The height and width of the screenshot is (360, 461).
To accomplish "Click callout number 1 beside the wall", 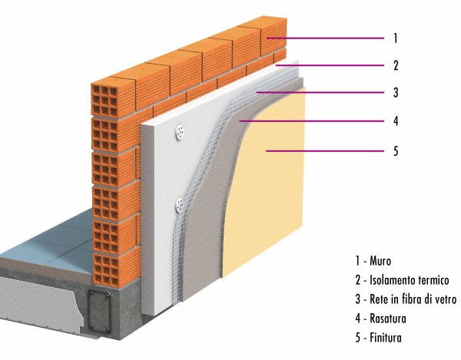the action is (x=396, y=38).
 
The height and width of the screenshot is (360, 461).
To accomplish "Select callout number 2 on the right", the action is (x=396, y=65).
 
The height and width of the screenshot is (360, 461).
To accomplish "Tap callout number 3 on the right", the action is (x=396, y=93).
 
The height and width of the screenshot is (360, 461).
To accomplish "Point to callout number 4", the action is (x=396, y=121).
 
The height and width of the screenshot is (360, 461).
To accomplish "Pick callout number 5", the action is (x=396, y=151).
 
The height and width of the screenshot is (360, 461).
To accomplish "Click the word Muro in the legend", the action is (x=380, y=261).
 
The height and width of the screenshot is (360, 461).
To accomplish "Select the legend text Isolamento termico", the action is (x=410, y=280).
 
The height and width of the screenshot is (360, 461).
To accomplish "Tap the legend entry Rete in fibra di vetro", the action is (x=413, y=299).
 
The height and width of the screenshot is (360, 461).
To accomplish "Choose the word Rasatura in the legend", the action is (x=388, y=319).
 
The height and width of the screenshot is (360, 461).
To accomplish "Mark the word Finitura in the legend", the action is (x=386, y=338).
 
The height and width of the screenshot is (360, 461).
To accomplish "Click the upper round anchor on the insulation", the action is (x=180, y=132).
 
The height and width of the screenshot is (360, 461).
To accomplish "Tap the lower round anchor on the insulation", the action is (x=179, y=205).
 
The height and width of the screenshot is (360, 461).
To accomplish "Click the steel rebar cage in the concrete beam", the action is (x=99, y=312).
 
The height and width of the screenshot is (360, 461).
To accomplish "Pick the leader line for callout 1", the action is (x=326, y=38).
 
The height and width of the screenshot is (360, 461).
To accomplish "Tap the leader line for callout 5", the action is (x=325, y=151).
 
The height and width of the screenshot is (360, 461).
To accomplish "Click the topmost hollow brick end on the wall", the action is (x=105, y=100).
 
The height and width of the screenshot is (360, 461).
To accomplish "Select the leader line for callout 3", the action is (x=320, y=93).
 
